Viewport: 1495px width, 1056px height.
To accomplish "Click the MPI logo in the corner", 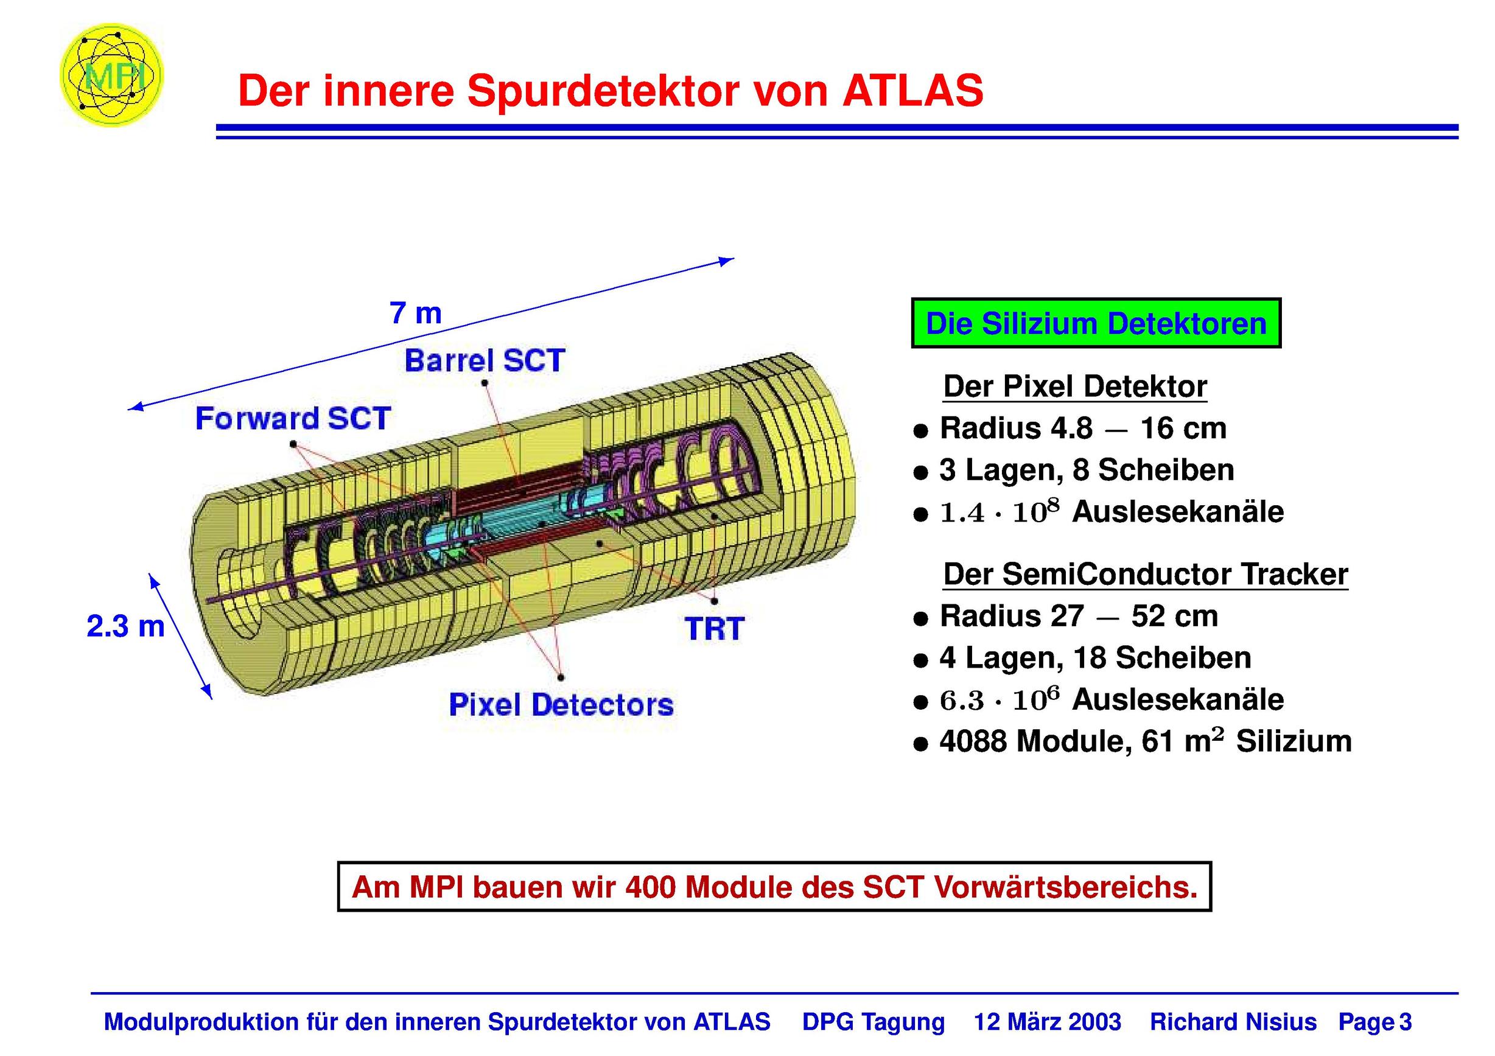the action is click(x=111, y=75).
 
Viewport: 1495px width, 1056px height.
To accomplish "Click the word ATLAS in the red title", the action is click(x=913, y=91).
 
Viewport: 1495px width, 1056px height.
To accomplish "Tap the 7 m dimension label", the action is click(x=415, y=313).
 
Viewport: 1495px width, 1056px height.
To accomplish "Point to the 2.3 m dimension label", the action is click(x=125, y=626).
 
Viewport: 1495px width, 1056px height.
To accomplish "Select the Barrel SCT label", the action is click(x=485, y=361).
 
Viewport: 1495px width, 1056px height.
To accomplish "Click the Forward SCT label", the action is click(x=293, y=418).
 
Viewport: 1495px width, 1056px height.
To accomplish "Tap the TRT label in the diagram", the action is click(x=714, y=629).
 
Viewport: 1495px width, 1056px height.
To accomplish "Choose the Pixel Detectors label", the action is click(x=561, y=705).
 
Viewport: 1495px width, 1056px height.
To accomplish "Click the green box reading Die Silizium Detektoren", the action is click(x=1096, y=324).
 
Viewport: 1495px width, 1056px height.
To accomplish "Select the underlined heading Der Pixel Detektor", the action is click(x=1075, y=386).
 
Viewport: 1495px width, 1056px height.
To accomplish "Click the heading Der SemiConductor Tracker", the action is click(x=1146, y=574).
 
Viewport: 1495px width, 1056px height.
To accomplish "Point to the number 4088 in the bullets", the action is click(x=974, y=741).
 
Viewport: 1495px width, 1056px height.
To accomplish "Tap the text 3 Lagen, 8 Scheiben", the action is click(x=1087, y=470).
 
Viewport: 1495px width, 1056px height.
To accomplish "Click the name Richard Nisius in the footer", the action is click(x=1233, y=1021).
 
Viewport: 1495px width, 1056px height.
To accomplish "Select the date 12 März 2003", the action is click(x=1047, y=1021).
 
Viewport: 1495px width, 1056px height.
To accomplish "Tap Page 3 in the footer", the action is click(x=1374, y=1022).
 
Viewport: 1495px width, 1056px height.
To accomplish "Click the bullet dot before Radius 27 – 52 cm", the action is click(x=920, y=618).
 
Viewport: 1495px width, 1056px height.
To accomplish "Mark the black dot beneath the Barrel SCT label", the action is click(x=485, y=383).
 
